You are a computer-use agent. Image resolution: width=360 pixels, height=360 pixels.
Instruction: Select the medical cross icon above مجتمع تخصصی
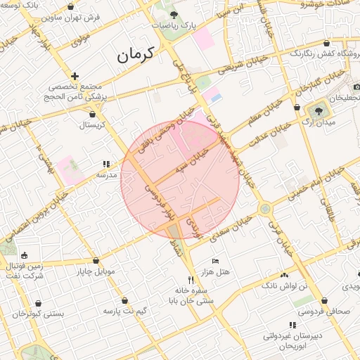click(75, 76)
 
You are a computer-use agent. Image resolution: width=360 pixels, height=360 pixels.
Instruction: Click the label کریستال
click(89, 124)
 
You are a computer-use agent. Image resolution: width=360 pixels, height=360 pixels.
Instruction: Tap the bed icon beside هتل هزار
click(215, 261)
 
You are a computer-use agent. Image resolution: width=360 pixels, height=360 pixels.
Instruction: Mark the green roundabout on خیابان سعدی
click(264, 209)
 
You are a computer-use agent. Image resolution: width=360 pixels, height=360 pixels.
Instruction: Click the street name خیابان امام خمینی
click(306, 181)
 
